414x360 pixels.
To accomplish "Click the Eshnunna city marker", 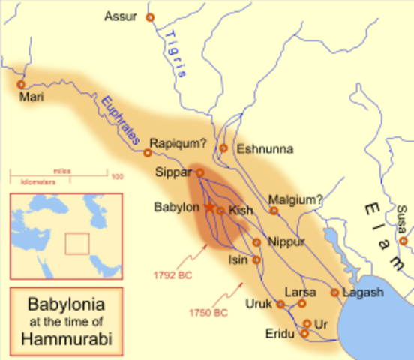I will (223, 148).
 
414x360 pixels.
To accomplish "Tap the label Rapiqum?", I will (176, 142).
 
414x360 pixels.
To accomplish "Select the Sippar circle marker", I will (200, 172).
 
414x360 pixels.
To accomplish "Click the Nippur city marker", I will (256, 242).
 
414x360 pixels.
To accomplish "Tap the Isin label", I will (238, 259).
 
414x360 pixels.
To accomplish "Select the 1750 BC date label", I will (209, 310).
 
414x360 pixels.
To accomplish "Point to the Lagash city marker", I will (334, 292).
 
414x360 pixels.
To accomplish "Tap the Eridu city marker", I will (304, 333).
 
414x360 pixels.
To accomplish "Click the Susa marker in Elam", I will (403, 241).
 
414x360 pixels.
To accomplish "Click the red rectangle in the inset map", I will (77, 244).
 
